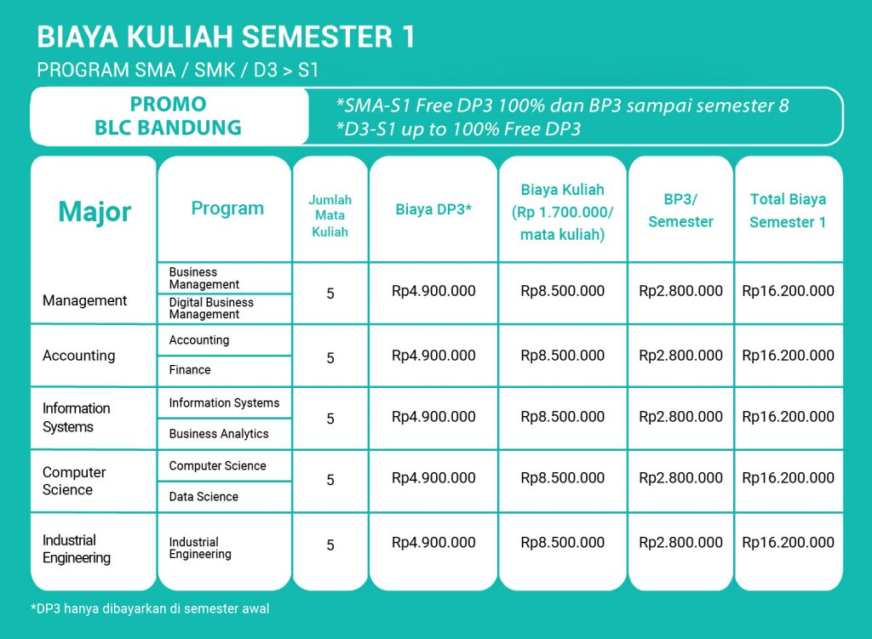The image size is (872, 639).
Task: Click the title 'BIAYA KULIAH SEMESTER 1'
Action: point(226,37)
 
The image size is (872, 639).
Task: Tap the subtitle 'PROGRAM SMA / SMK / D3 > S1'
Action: point(177,71)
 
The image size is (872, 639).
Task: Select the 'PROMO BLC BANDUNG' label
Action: point(168,116)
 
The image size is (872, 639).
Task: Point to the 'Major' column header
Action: point(95,212)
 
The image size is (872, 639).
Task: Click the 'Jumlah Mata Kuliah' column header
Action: point(330,215)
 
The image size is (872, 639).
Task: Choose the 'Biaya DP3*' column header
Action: point(433,209)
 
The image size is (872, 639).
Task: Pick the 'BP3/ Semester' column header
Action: point(680,211)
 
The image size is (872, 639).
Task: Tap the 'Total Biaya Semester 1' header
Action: point(788,211)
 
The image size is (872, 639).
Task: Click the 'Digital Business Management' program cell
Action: point(211,308)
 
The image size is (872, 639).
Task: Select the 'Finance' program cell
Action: point(190,370)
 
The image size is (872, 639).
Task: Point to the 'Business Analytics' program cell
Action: point(219,434)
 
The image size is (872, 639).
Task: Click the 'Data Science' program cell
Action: point(204,497)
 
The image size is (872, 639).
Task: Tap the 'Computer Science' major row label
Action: point(74,481)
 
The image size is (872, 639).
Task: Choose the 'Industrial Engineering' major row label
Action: point(76,549)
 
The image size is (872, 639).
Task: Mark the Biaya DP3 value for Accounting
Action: point(433,356)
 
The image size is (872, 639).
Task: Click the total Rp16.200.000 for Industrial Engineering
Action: point(788,542)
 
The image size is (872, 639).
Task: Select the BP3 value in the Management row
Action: point(680,291)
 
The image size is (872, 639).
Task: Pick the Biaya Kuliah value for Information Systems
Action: point(562,417)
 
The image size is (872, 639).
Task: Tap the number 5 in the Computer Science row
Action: point(330,480)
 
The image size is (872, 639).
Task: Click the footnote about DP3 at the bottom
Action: point(150,609)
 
